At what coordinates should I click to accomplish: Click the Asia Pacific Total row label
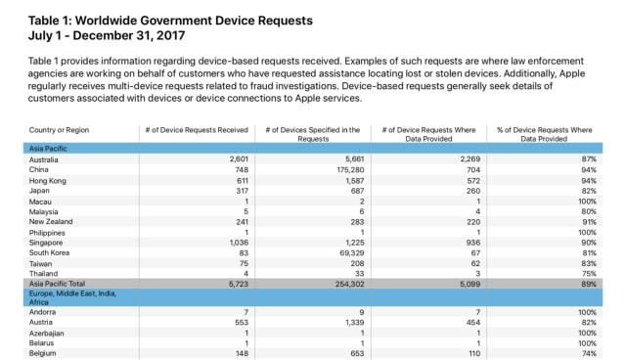pos(57,284)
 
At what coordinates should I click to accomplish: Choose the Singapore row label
pos(47,242)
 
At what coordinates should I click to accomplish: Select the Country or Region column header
pos(58,130)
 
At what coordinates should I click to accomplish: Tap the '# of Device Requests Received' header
pos(197,130)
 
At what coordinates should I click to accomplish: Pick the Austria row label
pos(43,322)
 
